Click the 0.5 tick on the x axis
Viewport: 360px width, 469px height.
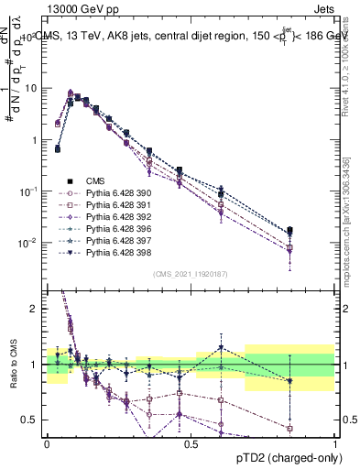(191, 442)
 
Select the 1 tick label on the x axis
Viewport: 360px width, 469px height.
(334, 442)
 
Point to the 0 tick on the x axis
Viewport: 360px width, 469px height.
(47, 442)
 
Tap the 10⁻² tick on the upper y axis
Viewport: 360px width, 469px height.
(28, 243)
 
